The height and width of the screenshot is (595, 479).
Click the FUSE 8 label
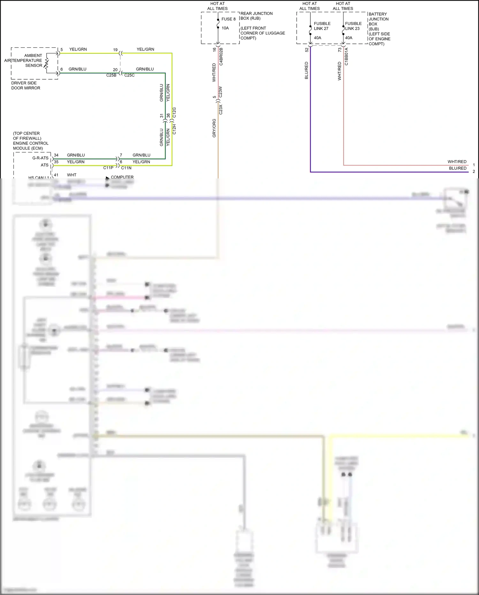[228, 19]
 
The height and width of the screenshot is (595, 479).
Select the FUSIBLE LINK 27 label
[322, 26]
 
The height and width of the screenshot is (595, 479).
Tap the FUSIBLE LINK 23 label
[353, 26]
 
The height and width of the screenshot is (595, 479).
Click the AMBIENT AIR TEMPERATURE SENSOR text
[27, 60]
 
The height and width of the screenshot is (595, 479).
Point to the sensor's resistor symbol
[47, 63]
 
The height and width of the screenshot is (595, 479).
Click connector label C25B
[111, 75]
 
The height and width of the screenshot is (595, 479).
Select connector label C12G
[174, 113]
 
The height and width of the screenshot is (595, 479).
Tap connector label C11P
[108, 168]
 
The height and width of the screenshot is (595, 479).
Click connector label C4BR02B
[221, 57]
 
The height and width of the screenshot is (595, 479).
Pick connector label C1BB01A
[347, 57]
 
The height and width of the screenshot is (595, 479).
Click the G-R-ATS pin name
[41, 158]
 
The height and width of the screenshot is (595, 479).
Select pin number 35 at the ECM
[56, 162]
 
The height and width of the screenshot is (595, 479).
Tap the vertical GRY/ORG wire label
[214, 128]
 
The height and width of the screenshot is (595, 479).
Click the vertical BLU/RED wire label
[307, 70]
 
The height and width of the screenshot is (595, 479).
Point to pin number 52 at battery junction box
[307, 50]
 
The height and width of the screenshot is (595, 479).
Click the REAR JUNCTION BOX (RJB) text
[256, 16]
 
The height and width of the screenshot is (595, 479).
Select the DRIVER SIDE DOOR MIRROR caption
[26, 85]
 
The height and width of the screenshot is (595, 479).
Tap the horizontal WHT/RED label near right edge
[457, 162]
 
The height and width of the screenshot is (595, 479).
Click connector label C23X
[221, 109]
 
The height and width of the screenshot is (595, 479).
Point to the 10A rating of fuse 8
[225, 28]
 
